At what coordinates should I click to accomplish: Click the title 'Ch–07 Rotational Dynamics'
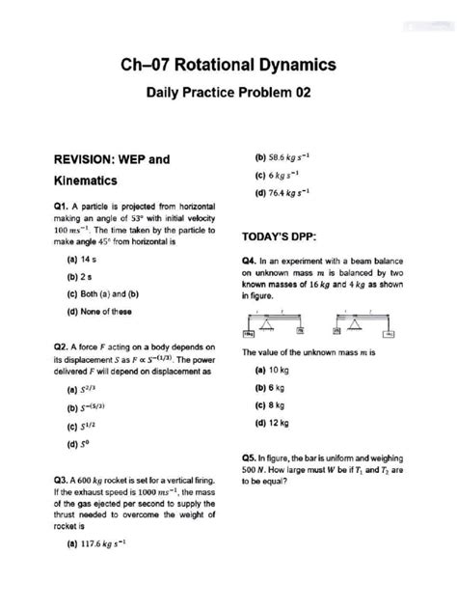pyautogui.click(x=228, y=64)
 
